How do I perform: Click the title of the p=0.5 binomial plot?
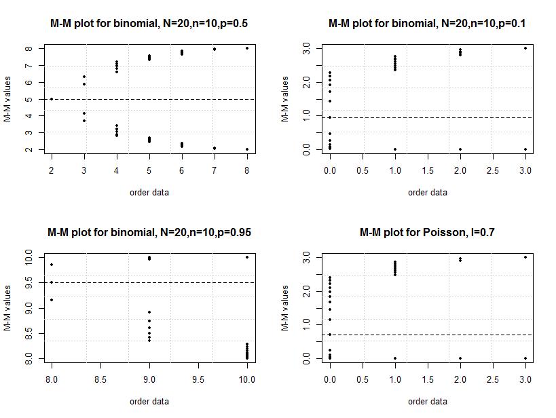pyautogui.click(x=149, y=24)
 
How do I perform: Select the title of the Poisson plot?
pyautogui.click(x=427, y=233)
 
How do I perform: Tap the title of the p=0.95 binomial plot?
pyautogui.click(x=149, y=233)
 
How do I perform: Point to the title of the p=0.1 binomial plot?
pyautogui.click(x=427, y=24)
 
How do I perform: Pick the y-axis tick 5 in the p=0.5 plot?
pyautogui.click(x=31, y=99)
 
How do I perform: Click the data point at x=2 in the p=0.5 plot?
pyautogui.click(x=52, y=99)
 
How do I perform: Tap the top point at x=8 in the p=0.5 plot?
pyautogui.click(x=247, y=48)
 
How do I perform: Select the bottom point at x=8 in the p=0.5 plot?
pyautogui.click(x=247, y=149)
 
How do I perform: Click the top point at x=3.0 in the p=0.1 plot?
pyautogui.click(x=525, y=48)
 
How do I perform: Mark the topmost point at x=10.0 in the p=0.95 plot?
pyautogui.click(x=247, y=257)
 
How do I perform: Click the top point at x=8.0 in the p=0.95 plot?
pyautogui.click(x=52, y=265)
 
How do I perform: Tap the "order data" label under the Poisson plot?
pyautogui.click(x=427, y=401)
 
